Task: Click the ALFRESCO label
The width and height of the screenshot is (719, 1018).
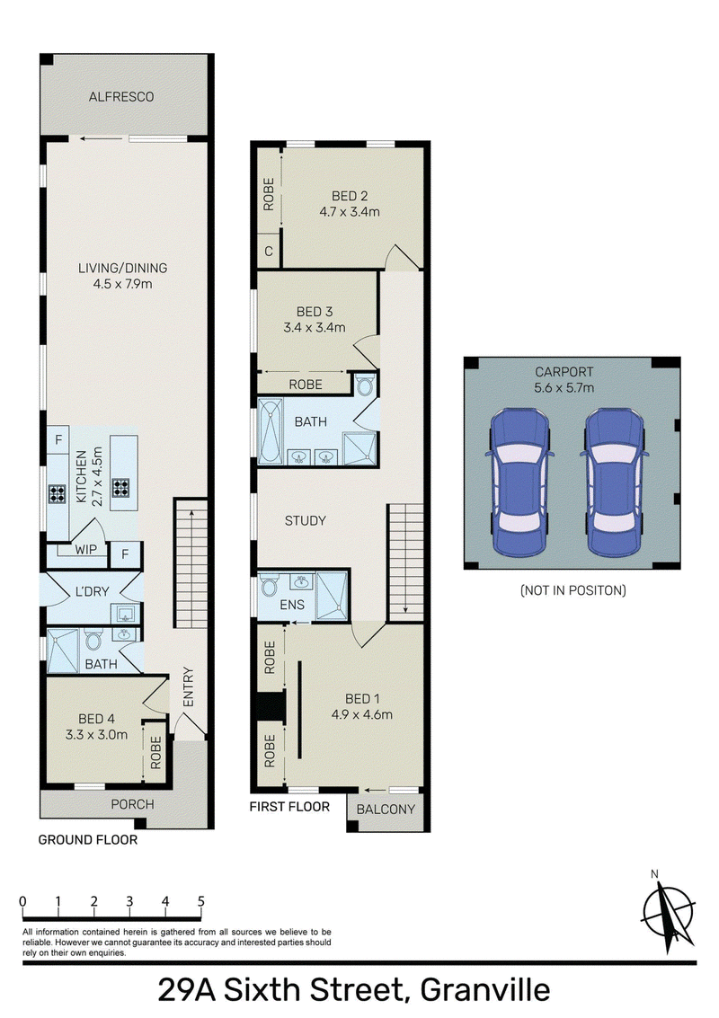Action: (x=121, y=97)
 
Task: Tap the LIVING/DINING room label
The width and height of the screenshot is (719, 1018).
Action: (x=123, y=268)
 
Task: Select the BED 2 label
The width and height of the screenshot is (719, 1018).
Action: (x=350, y=195)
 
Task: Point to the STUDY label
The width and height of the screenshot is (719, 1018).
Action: (x=306, y=520)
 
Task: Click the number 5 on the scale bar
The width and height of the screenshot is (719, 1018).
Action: (x=201, y=901)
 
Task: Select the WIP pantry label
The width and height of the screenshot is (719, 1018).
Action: (x=85, y=549)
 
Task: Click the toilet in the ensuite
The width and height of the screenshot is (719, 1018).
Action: (x=268, y=586)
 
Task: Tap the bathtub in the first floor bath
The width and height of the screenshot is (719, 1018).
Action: (x=271, y=431)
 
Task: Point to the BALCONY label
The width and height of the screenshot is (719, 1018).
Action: (x=386, y=809)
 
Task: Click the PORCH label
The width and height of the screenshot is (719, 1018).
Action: (x=132, y=804)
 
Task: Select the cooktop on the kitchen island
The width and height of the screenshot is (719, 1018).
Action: (x=120, y=487)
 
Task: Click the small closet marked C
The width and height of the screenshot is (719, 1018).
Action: (x=268, y=251)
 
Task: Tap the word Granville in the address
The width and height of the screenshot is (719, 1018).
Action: (x=485, y=991)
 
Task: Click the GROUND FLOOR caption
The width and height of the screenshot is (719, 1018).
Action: (x=88, y=839)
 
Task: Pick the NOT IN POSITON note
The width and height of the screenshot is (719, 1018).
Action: (x=573, y=590)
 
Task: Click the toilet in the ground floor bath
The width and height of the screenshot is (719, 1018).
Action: (x=93, y=639)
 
